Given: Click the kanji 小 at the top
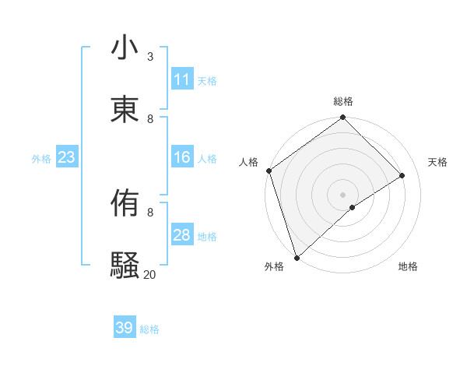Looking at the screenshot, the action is [125, 48].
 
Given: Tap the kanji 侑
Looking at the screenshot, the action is [125, 205].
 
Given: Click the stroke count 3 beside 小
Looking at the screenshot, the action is [150, 57].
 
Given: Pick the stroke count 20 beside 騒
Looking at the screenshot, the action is [149, 274].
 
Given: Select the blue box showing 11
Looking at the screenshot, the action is [181, 79].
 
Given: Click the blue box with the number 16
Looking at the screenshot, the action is [181, 157].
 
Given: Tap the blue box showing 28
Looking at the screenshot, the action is [181, 235].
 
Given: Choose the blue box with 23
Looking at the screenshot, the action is [67, 157].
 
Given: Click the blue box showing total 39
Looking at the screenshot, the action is [125, 328].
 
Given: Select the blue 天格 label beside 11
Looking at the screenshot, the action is [207, 80].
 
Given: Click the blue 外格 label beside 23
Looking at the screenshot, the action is [41, 158].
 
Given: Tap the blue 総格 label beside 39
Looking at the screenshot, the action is [150, 329].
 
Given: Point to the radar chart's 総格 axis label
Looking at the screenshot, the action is [343, 101].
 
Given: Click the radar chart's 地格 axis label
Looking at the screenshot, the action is [408, 266].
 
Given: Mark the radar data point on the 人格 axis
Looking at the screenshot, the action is [269, 171].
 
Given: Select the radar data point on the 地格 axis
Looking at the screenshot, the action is [353, 207].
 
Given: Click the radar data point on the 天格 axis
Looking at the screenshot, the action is [402, 175].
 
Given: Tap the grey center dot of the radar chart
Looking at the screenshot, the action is [343, 194].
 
